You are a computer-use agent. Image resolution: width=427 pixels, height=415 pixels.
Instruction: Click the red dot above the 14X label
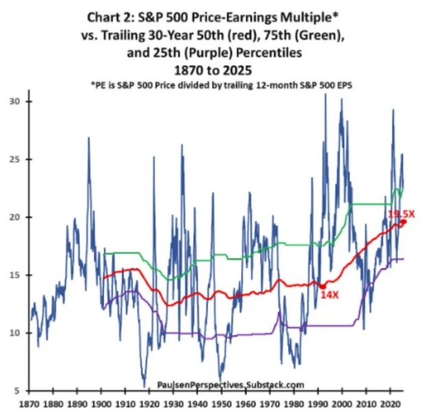[322, 286]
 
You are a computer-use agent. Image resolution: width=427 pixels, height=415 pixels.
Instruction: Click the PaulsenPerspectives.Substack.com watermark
[230, 386]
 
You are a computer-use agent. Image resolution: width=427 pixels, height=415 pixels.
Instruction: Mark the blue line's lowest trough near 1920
[144, 386]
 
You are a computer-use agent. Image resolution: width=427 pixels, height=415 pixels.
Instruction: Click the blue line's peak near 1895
[88, 138]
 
